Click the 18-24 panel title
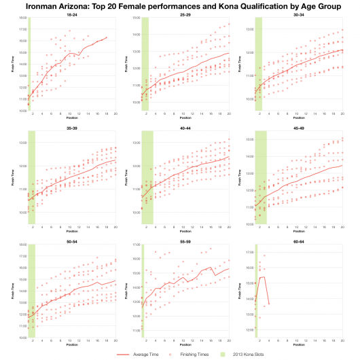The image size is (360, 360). click(71, 16)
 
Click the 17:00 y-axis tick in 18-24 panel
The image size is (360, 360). click(22, 30)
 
